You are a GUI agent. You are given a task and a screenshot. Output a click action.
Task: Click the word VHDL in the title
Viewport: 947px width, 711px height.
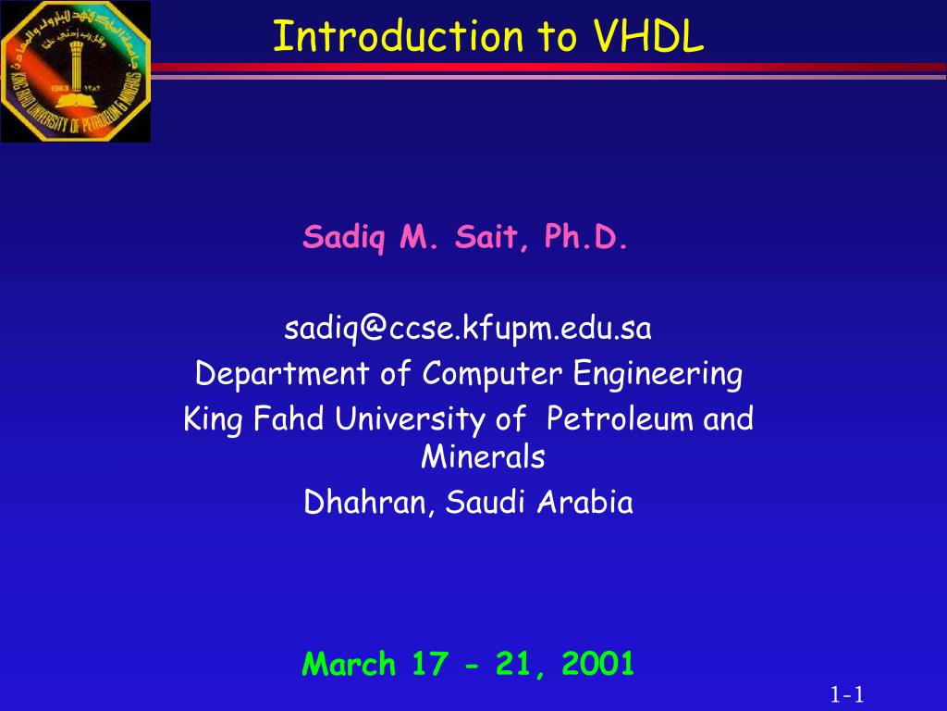(x=649, y=36)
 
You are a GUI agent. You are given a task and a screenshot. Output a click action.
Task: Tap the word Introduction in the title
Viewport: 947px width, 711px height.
(x=398, y=36)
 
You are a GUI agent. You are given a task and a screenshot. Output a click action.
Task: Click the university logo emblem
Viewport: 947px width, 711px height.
(x=75, y=72)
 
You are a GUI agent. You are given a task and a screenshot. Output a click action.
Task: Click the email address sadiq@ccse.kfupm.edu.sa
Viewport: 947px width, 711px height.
(x=468, y=329)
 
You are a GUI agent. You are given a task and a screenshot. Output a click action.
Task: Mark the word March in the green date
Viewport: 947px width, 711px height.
(x=349, y=663)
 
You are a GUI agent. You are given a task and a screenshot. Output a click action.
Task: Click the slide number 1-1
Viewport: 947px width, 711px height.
(x=845, y=693)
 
